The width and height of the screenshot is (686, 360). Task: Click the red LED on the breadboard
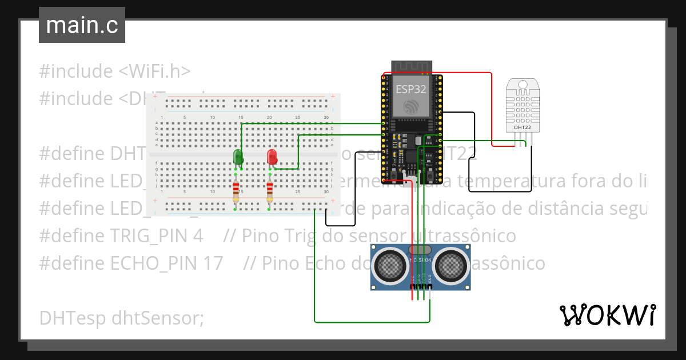coord(272,156)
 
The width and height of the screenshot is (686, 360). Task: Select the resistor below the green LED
coord(236,190)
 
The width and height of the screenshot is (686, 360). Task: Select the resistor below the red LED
coord(269,190)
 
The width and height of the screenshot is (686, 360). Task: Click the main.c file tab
coord(82,26)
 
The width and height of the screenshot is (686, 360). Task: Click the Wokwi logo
coord(607,315)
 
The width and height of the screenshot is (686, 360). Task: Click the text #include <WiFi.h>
coord(115,71)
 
